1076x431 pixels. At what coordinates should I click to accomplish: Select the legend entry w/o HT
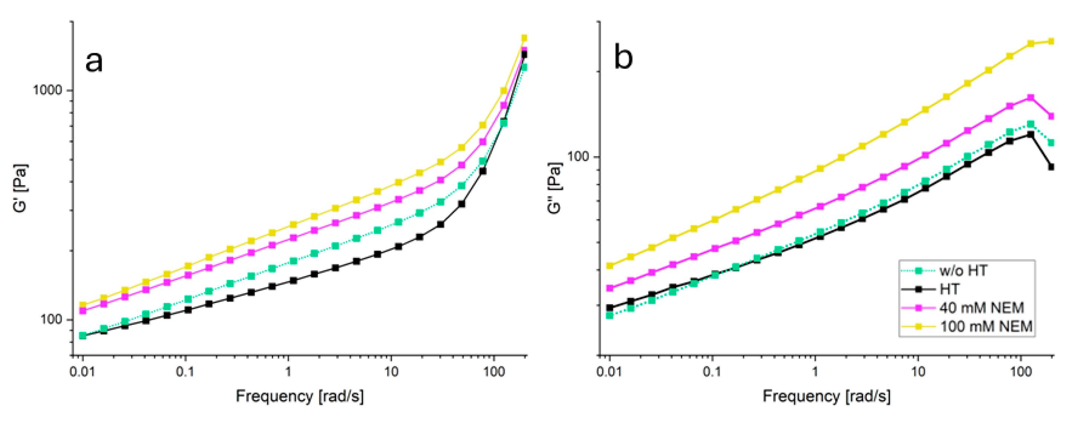963,271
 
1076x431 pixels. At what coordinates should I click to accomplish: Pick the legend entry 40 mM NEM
981,308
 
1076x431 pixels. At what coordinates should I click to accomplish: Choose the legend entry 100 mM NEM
986,326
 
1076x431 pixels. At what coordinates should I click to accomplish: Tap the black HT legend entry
949,289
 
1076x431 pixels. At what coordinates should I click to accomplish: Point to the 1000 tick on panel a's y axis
47,90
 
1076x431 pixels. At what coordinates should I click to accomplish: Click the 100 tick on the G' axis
51,320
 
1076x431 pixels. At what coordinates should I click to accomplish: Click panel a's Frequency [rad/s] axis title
299,396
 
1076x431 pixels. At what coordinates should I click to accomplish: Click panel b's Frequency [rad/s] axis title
826,396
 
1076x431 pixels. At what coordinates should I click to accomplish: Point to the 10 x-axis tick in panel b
918,371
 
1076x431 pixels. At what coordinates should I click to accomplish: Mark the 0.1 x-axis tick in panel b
712,371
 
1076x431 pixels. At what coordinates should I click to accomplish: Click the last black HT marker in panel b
1051,167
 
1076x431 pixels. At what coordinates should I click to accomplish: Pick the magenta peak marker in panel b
1030,98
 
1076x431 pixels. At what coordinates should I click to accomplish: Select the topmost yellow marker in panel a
524,38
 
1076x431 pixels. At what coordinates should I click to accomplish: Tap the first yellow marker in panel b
609,265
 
